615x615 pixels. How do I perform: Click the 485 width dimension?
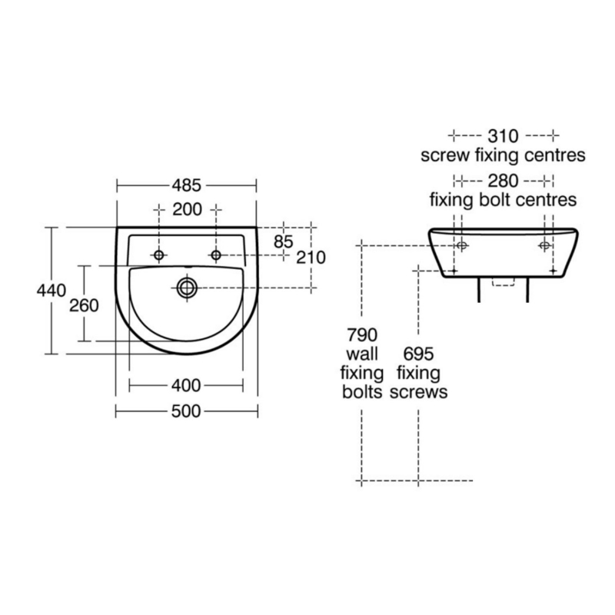[x=186, y=185]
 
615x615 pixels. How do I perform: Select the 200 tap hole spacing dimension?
[x=188, y=209]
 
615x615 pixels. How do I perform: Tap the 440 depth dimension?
[x=52, y=291]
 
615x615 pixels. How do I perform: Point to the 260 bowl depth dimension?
[x=84, y=305]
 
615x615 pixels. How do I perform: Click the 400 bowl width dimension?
[x=186, y=386]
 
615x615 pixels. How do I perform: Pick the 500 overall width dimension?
[x=186, y=411]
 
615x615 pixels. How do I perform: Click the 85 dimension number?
[x=284, y=242]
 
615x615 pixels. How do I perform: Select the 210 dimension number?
[x=311, y=258]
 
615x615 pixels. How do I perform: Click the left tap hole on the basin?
[x=159, y=255]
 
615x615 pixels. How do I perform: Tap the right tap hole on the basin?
[x=216, y=255]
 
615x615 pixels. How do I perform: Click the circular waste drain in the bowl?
[x=187, y=288]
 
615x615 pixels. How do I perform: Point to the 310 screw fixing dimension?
[x=504, y=136]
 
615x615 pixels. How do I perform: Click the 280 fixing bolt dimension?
[x=504, y=181]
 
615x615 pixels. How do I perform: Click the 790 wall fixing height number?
[x=362, y=335]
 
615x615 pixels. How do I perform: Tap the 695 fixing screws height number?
[x=418, y=354]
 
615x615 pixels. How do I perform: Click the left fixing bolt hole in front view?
[x=462, y=245]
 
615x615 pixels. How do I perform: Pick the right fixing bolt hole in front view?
[x=544, y=245]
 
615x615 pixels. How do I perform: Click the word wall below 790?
[x=361, y=354]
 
